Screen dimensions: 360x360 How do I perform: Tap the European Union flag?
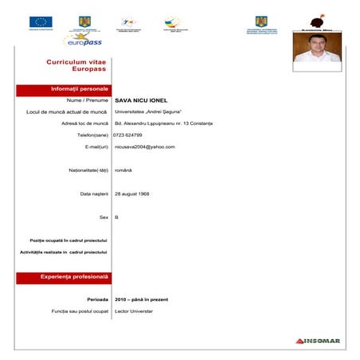pyautogui.click(x=41, y=22)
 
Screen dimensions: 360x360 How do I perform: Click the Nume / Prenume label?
pyautogui.click(x=88, y=101)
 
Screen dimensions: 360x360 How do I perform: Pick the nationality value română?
pyautogui.click(x=124, y=170)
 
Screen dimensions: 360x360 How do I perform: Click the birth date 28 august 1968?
pyautogui.click(x=132, y=194)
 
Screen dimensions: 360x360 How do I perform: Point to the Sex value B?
pyautogui.click(x=117, y=217)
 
